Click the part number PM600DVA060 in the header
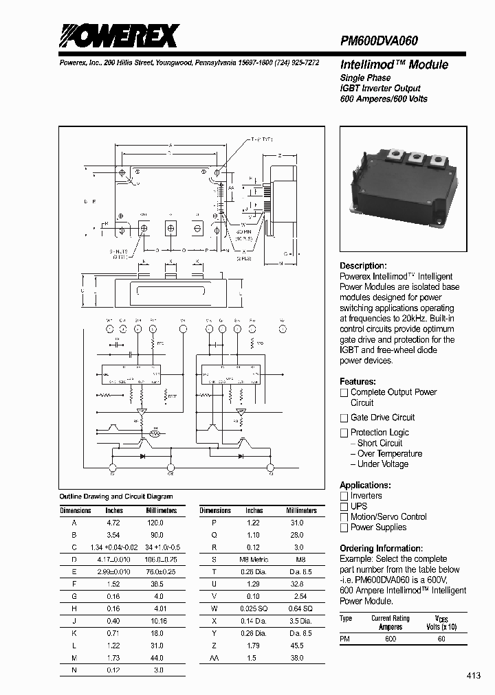[379, 41]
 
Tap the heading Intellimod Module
[394, 65]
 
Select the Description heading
[363, 266]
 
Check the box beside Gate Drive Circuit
[344, 418]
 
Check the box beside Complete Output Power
[344, 393]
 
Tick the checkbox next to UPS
[344, 506]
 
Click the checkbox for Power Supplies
[344, 527]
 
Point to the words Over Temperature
[390, 453]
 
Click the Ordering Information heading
[381, 548]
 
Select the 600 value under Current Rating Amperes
[390, 639]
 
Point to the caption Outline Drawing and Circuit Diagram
[116, 497]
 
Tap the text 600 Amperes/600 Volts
[384, 99]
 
